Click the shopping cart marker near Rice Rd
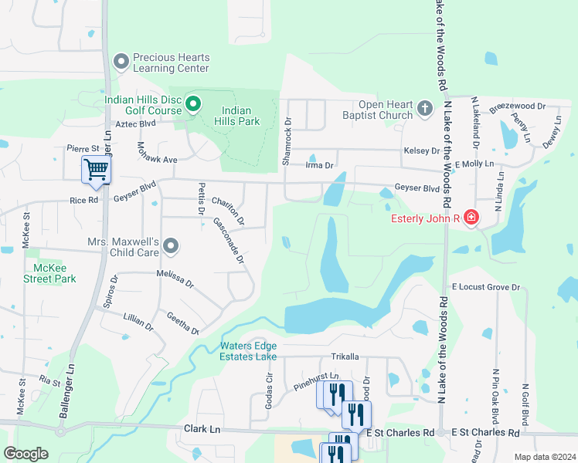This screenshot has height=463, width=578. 96,169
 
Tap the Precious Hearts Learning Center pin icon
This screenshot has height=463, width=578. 121,61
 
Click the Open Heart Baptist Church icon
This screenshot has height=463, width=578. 424,110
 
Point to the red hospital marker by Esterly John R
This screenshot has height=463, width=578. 471,218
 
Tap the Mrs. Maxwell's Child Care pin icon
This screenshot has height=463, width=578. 172,246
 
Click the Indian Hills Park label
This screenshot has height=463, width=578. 240,116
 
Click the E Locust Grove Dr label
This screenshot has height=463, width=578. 487,287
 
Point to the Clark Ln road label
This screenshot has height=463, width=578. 202,428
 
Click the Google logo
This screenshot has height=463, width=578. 26,454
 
